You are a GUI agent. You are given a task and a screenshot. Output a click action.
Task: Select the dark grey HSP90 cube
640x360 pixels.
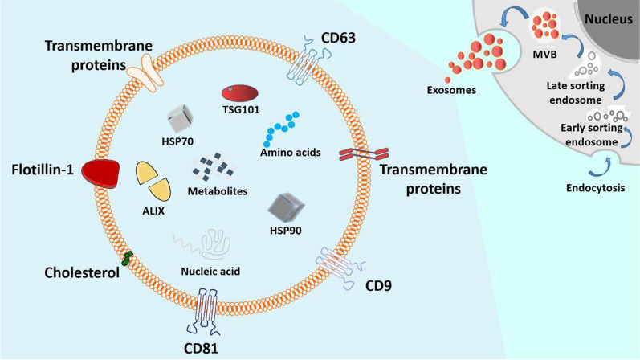(287, 207)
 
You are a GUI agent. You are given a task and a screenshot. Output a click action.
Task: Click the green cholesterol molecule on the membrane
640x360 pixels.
(125, 258)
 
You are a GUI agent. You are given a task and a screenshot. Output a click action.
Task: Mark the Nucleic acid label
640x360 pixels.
(208, 271)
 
